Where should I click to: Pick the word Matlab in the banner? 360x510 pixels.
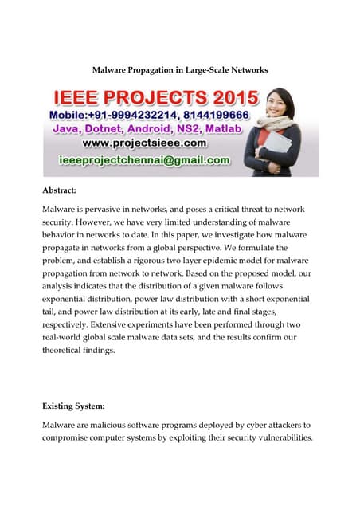pos(236,129)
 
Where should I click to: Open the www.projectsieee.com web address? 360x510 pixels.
pos(143,143)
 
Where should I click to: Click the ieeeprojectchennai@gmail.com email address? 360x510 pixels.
pos(145,160)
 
